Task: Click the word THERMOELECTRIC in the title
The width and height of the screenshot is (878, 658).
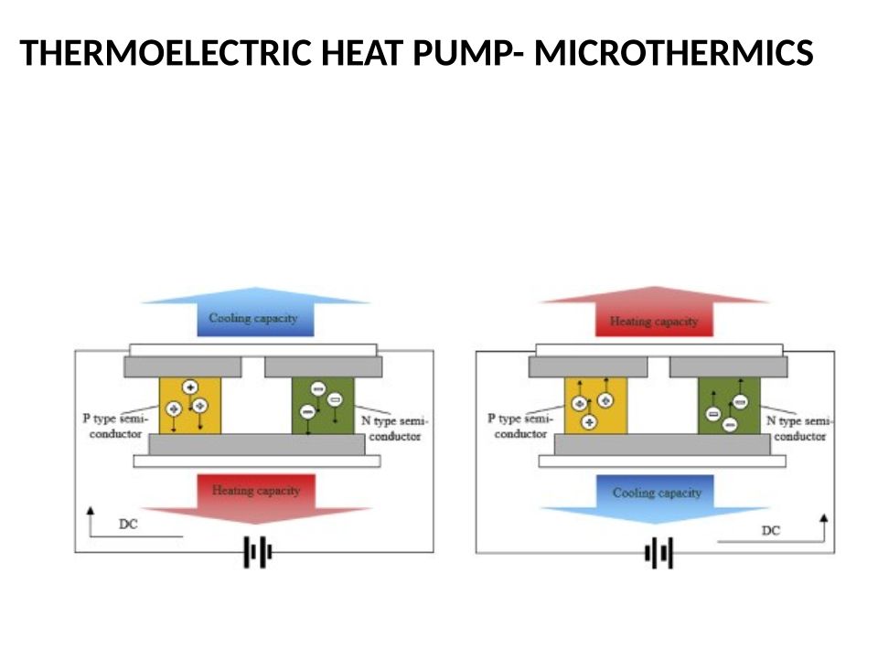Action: coord(168,56)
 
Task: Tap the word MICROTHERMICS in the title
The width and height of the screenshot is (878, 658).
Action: coord(673,56)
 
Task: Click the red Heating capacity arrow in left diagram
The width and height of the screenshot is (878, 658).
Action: coord(256,493)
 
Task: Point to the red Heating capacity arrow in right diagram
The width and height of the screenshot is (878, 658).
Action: coord(653,319)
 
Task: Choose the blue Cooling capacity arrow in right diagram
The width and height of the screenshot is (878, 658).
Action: coord(657,495)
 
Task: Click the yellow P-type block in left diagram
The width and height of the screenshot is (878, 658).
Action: coord(190,406)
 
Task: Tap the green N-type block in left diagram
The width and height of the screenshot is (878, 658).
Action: coord(322,406)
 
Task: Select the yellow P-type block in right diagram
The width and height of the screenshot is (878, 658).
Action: coord(595,406)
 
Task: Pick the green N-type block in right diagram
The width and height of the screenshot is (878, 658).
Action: coord(728,406)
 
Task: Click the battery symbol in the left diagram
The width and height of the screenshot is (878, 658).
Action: coord(257,553)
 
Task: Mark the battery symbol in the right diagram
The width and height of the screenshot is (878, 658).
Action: coord(658,553)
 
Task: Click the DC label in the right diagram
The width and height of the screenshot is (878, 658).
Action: coord(771,531)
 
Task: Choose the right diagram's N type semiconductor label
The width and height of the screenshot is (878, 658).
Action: coord(799,429)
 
